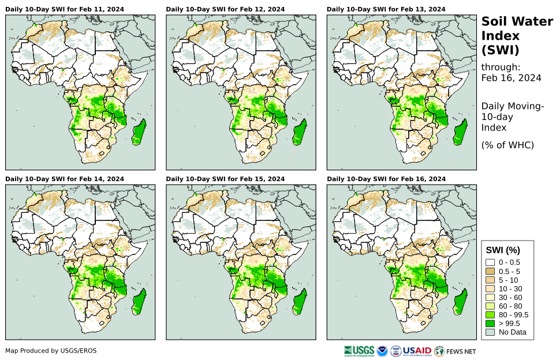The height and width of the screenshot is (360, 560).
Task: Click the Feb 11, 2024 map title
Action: tap(65, 9)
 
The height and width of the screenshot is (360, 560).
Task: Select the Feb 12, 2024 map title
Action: tap(225, 9)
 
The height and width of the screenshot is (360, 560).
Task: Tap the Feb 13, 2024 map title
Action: tap(386, 9)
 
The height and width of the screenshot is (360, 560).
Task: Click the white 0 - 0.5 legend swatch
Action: tap(490, 262)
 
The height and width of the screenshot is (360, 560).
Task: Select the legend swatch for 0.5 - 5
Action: tap(490, 271)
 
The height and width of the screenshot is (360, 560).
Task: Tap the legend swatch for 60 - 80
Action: tap(490, 306)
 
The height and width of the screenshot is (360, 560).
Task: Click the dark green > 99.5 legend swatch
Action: tap(490, 323)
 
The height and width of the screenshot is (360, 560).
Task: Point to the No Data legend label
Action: tap(512, 332)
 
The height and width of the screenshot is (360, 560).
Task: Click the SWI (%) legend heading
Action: tap(503, 250)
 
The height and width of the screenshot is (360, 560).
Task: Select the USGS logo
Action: tap(357, 350)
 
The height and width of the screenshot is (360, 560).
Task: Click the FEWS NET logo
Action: tap(456, 350)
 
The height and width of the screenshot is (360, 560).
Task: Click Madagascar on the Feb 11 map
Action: tap(139, 132)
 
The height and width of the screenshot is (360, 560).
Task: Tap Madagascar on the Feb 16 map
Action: tap(460, 302)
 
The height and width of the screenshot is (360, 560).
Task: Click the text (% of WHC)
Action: tap(507, 145)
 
